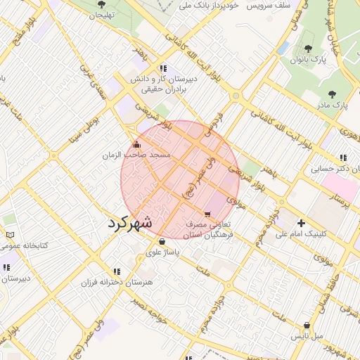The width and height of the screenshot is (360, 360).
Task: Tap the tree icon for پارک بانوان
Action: click(x=308, y=49)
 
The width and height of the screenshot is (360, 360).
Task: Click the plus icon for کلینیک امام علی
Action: click(x=301, y=223)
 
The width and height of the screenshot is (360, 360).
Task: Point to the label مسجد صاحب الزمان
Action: click(x=136, y=154)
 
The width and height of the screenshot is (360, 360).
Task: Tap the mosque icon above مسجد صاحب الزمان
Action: click(x=136, y=144)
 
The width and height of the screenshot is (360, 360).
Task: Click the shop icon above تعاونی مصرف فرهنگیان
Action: click(x=207, y=214)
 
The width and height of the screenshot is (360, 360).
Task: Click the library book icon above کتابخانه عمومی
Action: click(x=9, y=235)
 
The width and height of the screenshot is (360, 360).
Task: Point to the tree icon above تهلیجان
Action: click(x=101, y=4)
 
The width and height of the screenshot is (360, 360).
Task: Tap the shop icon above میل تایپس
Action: click(x=307, y=326)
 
